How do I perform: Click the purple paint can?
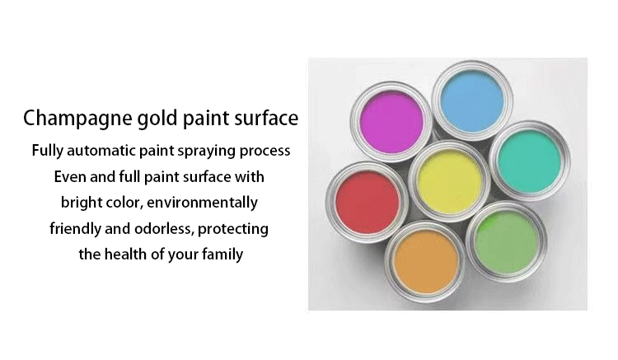[x=391, y=122]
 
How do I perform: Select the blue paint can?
[x=472, y=101]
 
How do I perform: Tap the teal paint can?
[x=529, y=161]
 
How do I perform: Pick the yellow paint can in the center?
[x=449, y=181]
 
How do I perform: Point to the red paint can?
[x=367, y=203]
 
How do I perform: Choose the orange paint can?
[x=426, y=261]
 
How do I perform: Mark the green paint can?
[x=507, y=242]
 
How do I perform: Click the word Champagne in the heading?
[x=77, y=119]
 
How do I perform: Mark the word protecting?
[x=233, y=230]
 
